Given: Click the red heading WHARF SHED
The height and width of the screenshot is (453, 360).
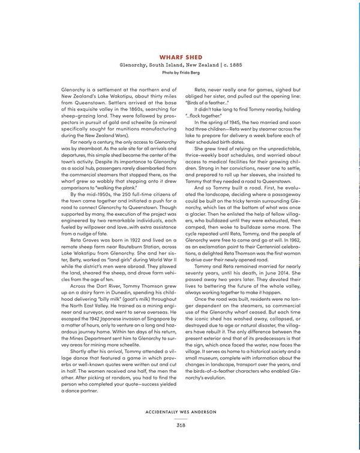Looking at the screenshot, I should (x=180, y=57).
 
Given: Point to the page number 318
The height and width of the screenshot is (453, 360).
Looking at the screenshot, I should (x=180, y=425).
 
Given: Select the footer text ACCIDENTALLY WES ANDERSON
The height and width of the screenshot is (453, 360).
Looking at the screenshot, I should (x=180, y=413).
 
